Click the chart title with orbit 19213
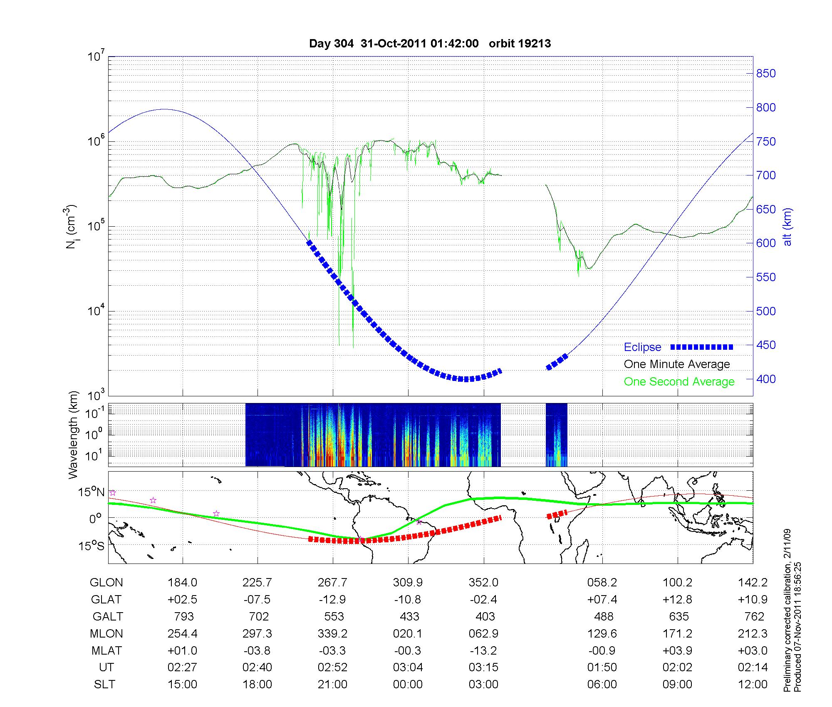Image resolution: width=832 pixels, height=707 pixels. tap(430, 44)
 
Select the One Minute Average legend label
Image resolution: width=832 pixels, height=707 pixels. tap(677, 364)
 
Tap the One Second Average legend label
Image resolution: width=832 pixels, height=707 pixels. tap(679, 382)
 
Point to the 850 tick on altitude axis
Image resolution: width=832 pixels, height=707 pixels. tap(766, 74)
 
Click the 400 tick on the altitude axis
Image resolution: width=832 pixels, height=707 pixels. tap(766, 379)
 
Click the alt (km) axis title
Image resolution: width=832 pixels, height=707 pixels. tap(788, 227)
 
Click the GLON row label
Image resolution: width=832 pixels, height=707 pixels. tap(106, 583)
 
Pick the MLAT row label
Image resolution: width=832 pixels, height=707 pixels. tap(106, 650)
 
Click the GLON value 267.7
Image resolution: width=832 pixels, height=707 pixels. tap(332, 583)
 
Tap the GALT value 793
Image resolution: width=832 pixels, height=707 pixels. tap(183, 616)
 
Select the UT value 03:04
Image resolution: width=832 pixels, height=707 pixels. tap(408, 667)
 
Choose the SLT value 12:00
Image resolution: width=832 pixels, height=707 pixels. tap(753, 685)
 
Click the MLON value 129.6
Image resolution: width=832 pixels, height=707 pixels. tap(602, 634)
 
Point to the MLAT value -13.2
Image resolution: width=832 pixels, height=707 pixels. tap(484, 650)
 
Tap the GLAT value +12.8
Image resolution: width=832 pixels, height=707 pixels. tap(678, 600)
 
